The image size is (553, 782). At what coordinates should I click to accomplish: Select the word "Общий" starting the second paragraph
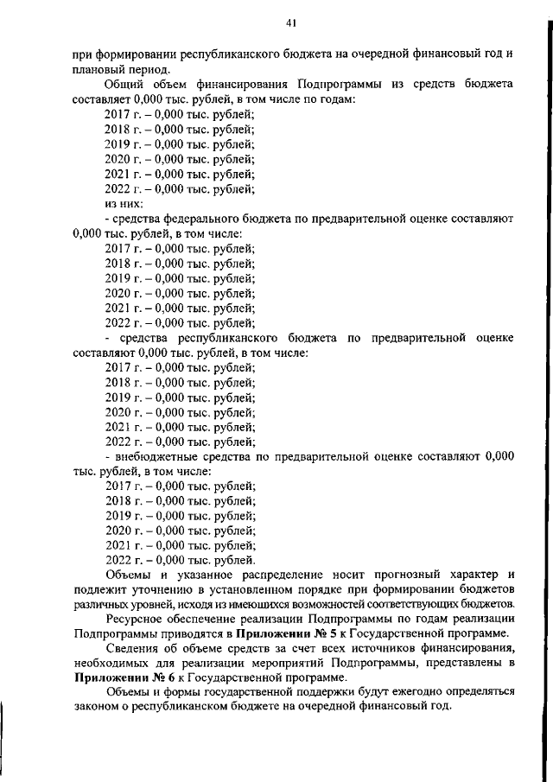coord(124,85)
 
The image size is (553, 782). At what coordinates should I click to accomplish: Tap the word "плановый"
coord(97,69)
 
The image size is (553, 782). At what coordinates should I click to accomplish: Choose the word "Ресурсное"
coord(132,619)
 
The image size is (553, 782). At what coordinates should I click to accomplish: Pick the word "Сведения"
coord(130,649)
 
